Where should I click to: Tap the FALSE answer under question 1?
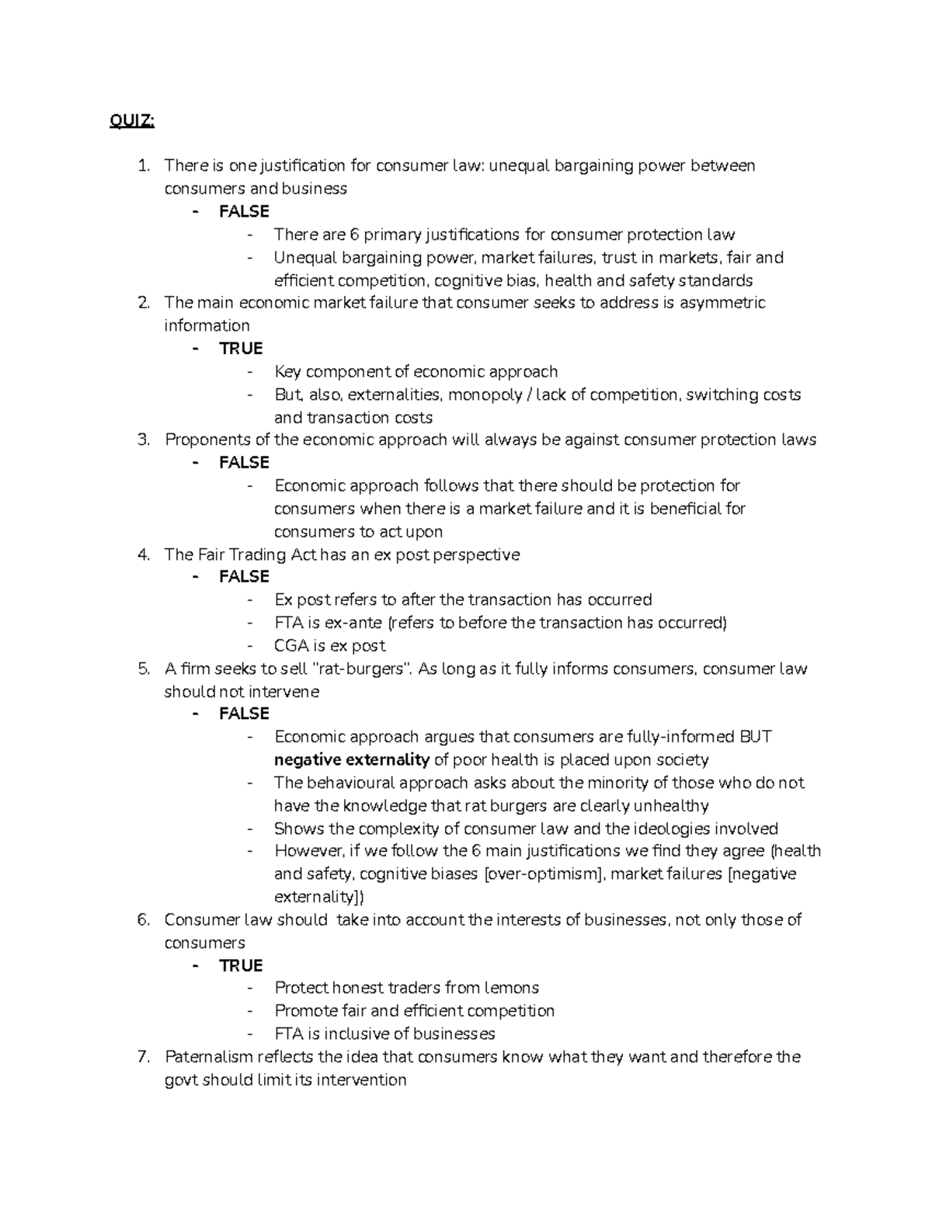click(x=244, y=211)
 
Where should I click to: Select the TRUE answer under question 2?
click(x=241, y=348)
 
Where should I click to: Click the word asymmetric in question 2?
click(x=722, y=303)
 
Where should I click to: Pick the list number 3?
click(x=143, y=440)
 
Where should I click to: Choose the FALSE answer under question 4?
click(x=244, y=576)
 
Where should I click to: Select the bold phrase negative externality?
click(x=352, y=759)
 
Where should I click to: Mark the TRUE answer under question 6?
click(x=241, y=965)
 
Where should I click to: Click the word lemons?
click(x=511, y=988)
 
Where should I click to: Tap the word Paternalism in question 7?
click(x=210, y=1057)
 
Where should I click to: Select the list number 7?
click(x=143, y=1057)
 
